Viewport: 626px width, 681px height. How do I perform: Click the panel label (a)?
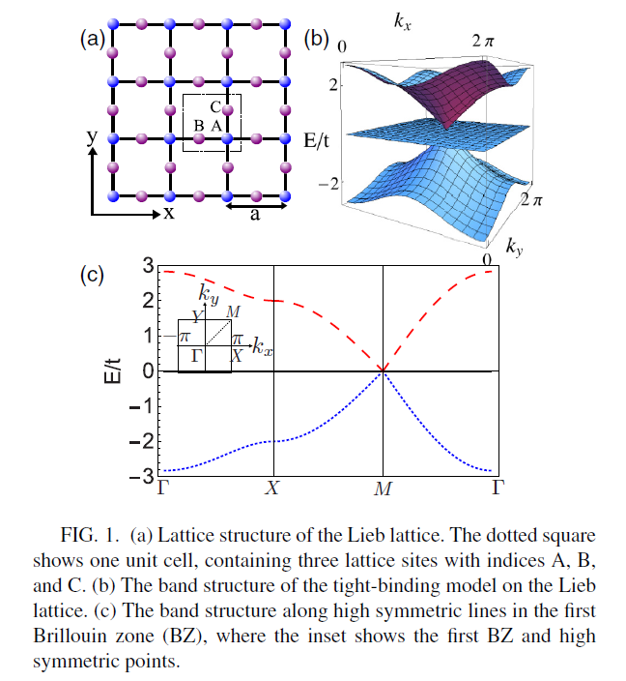click(92, 40)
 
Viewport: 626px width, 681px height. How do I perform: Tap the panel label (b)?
click(317, 39)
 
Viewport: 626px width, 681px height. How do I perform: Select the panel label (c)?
click(92, 275)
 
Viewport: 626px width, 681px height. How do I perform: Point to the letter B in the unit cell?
click(199, 126)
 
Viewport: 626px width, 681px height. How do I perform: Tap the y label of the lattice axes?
click(92, 138)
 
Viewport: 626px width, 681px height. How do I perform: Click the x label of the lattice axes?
click(168, 214)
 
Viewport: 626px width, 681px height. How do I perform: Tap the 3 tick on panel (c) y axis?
click(148, 265)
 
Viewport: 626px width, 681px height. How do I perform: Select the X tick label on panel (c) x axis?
click(273, 488)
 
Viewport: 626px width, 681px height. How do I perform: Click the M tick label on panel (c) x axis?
click(384, 488)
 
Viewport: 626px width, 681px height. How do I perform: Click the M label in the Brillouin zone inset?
click(232, 312)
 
